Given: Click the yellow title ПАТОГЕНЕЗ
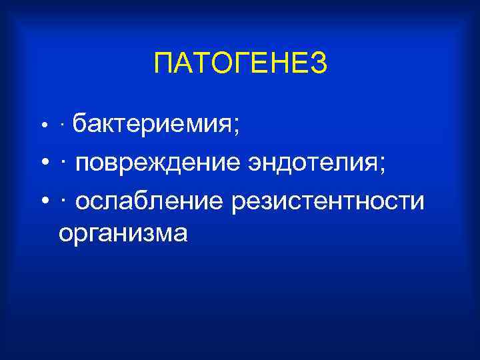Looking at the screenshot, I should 240,64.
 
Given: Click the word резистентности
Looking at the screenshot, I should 327,201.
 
